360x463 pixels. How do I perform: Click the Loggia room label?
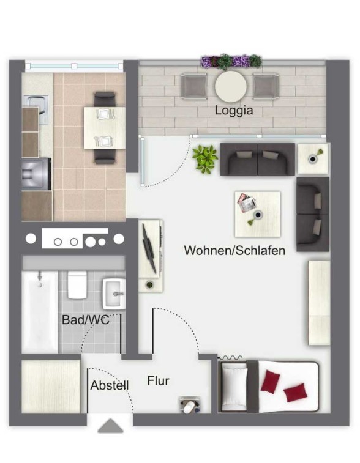pos(233,111)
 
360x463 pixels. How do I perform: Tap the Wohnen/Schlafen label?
pos(234,250)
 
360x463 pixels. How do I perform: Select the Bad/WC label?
pos(86,319)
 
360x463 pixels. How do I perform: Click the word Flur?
pos(158,381)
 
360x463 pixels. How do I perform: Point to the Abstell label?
pos(110,385)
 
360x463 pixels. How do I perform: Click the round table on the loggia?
pos(231,86)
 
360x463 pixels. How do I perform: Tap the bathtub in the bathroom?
pos(40,312)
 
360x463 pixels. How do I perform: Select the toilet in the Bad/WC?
pos(77,285)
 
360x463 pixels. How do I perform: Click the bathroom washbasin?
pos(114,294)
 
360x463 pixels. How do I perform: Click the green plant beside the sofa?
pos(205,159)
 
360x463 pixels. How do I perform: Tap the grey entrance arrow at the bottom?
pos(110,426)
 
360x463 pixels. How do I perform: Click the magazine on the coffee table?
pos(246,203)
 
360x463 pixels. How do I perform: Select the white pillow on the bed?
pos(234,387)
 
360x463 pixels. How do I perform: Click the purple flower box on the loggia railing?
pos(231,61)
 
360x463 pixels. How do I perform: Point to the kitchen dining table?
pos(105,128)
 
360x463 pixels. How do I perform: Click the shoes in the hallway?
pos(189,405)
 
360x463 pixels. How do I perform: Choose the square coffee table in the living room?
pos(257,214)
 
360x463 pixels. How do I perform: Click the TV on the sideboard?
pos(149,249)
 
